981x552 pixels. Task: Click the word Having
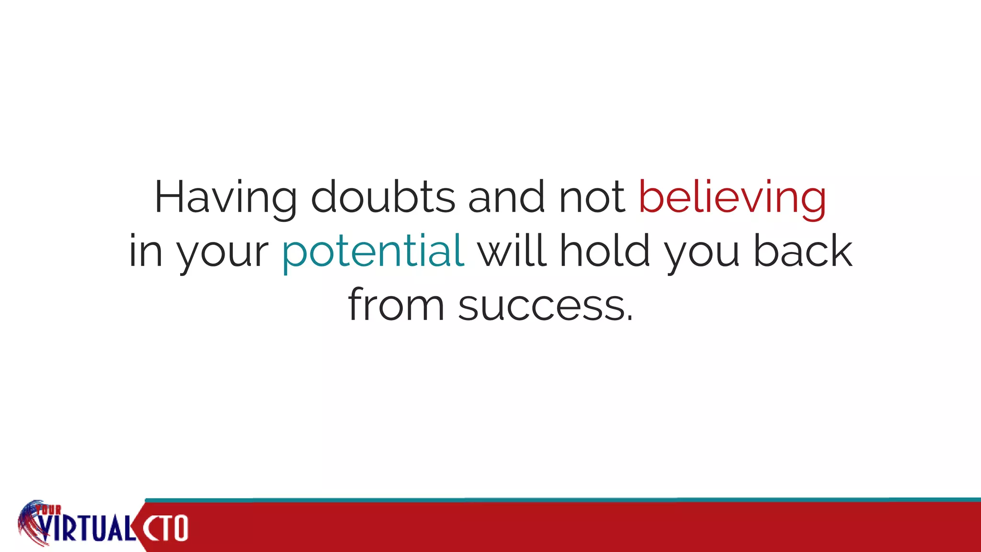(x=225, y=197)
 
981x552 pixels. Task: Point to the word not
(x=592, y=197)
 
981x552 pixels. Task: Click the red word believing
(x=732, y=197)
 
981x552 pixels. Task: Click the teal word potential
(x=373, y=251)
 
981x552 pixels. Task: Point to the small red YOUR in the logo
(x=49, y=510)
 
